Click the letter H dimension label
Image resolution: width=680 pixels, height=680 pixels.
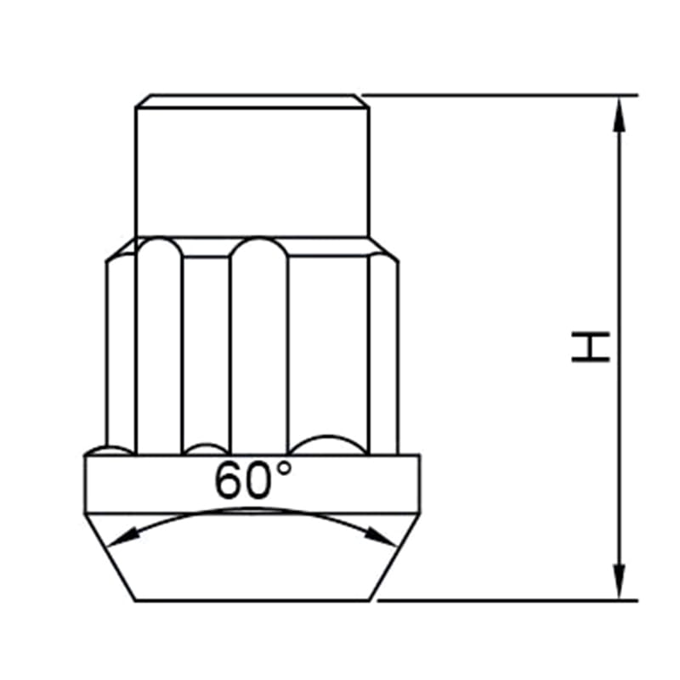coord(591,347)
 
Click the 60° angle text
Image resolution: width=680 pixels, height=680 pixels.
coord(252,479)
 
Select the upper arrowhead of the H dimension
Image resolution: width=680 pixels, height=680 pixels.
coord(620,114)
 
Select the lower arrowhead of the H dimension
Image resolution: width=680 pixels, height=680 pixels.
coord(620,582)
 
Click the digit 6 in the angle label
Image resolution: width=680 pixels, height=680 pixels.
coord(229,480)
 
